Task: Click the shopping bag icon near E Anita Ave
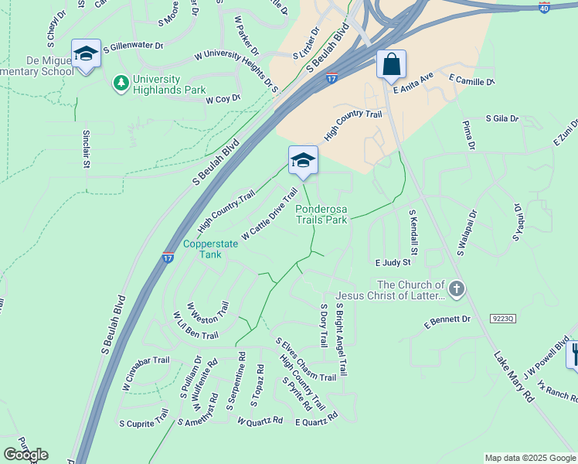[x=392, y=65]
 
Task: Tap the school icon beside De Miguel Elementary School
[x=86, y=55]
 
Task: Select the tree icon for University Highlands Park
[x=121, y=82]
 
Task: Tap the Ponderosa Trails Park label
[x=321, y=213]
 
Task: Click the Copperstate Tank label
[x=202, y=249]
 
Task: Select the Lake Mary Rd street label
[x=514, y=377]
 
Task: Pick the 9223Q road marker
[x=502, y=318]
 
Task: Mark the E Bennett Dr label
[x=447, y=319]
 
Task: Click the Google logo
[x=25, y=455]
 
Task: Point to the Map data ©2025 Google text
[x=530, y=458]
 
